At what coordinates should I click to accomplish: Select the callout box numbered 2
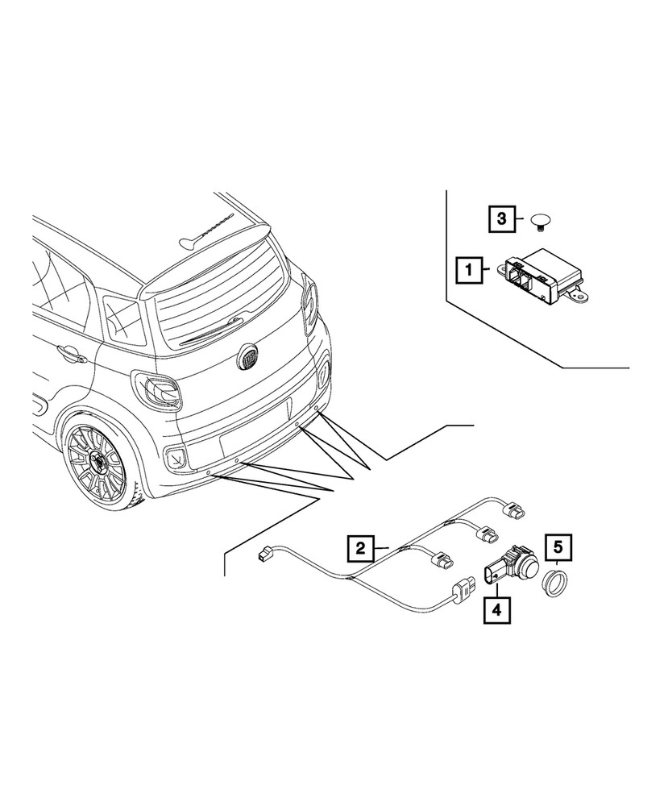coord(361,550)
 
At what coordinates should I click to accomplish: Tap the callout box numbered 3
coord(500,218)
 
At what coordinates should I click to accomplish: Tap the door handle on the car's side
coord(69,352)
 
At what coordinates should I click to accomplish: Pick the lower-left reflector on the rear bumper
coord(173,459)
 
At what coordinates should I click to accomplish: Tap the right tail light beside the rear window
coord(309,305)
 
